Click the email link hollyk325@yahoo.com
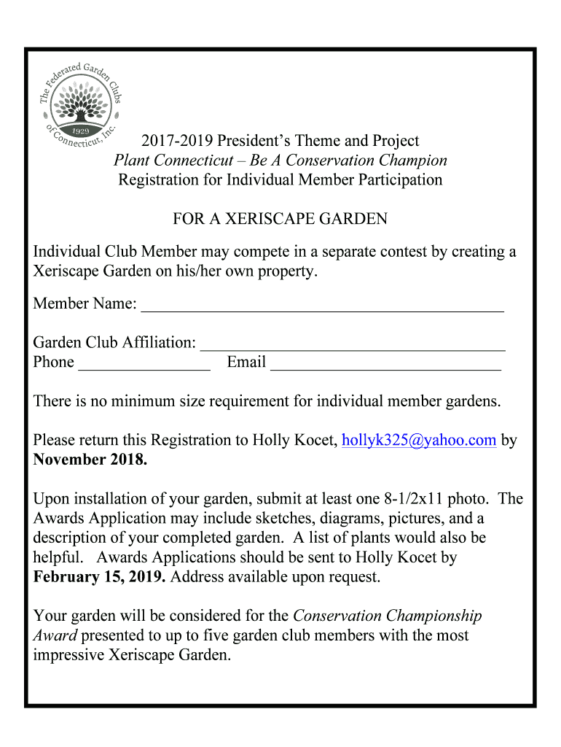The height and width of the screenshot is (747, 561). [x=419, y=440]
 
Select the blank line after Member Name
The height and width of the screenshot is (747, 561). [x=322, y=306]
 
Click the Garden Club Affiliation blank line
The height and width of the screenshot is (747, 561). [x=353, y=344]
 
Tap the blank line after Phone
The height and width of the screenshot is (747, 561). [x=144, y=364]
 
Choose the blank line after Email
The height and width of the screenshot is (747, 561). [x=385, y=364]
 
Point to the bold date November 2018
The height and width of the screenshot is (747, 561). [x=90, y=460]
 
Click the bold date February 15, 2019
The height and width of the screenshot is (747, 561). [x=99, y=577]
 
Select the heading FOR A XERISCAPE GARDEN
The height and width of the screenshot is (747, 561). [x=280, y=219]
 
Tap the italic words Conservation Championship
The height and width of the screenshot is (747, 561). [x=387, y=616]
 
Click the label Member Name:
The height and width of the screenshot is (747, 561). [x=85, y=303]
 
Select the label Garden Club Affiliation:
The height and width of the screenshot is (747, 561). [x=114, y=342]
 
